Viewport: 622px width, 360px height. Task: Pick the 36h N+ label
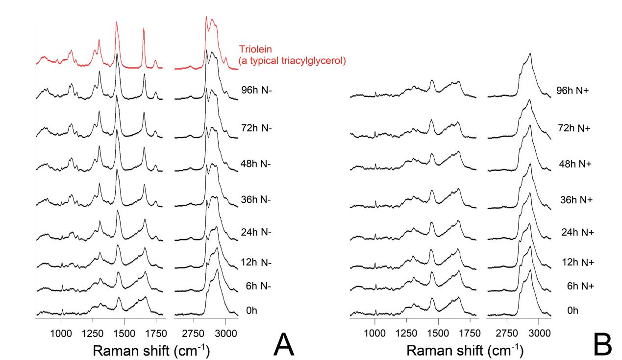pos(574,200)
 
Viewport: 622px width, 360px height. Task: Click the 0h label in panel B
pos(569,310)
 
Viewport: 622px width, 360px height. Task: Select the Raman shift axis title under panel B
pos(465,351)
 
